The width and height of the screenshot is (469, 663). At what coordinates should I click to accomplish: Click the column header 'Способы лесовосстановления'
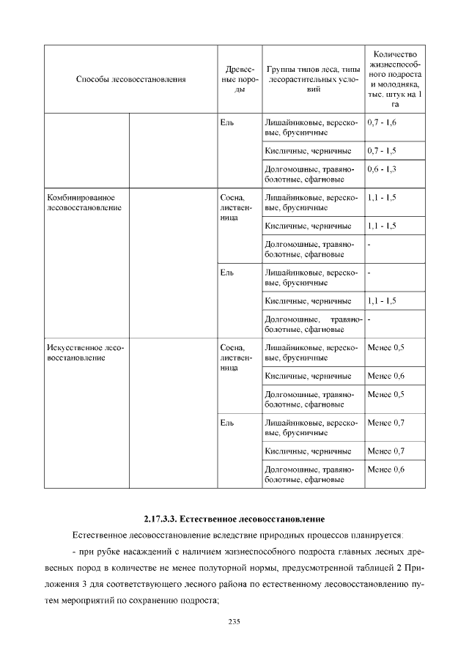[x=130, y=78]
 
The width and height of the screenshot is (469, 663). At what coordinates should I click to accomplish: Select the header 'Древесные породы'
[x=236, y=78]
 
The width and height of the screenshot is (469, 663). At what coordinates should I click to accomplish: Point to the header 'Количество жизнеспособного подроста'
[x=395, y=78]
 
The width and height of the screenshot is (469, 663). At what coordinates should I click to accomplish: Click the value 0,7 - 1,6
[x=382, y=122]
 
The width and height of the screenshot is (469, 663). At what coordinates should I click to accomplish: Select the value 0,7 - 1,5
[x=382, y=150]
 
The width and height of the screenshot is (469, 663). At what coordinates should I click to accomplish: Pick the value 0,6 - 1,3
[x=382, y=170]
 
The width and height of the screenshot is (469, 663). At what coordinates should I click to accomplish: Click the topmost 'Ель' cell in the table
[x=227, y=122]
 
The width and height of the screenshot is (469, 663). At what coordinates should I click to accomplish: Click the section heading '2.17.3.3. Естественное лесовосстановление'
[x=234, y=519]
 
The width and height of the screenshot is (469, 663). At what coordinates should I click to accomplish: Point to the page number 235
[x=234, y=622]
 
